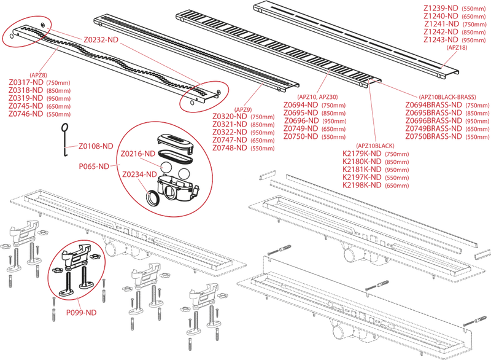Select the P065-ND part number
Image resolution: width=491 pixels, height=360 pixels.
(x=94, y=166)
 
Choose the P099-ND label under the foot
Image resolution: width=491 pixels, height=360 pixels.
(x=82, y=313)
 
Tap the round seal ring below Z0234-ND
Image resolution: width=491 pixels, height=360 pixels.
(x=151, y=198)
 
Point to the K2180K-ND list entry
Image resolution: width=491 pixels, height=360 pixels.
(x=366, y=165)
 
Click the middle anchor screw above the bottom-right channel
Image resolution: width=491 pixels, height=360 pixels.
(x=376, y=284)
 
